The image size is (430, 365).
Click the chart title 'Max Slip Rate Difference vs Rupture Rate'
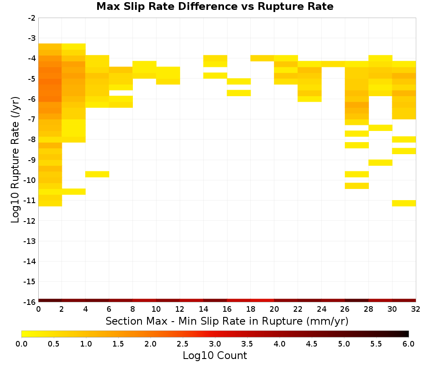(215, 6)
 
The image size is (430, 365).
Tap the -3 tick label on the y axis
(32, 38)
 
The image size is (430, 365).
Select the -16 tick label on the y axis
(30, 302)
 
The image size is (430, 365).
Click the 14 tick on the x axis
(203, 309)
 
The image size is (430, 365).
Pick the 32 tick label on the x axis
(416, 309)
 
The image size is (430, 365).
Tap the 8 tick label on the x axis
(133, 309)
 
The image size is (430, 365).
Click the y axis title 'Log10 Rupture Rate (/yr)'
(15, 160)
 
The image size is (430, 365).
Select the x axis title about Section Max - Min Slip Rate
(227, 321)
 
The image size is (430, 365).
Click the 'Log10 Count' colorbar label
(215, 356)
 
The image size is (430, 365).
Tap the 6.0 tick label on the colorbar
(408, 344)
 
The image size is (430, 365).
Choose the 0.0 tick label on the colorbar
(21, 344)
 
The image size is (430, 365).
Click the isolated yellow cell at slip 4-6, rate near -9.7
(97, 174)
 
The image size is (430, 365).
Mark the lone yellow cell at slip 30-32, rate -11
(404, 203)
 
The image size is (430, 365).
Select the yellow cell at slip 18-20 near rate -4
(262, 58)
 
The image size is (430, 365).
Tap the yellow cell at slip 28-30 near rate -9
(381, 163)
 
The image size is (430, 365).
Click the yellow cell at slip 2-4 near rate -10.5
(74, 192)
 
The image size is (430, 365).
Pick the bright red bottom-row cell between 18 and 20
(262, 301)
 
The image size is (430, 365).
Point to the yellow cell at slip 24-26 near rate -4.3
(333, 64)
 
